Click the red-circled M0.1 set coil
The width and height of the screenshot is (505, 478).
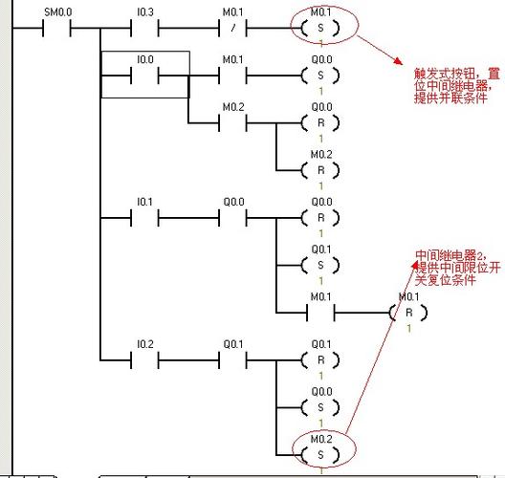[319, 28]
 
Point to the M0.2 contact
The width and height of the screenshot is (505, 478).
[233, 123]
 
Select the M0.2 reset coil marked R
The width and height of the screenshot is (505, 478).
[319, 169]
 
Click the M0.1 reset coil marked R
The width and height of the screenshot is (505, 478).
[407, 313]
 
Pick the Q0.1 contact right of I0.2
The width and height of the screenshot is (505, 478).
[233, 359]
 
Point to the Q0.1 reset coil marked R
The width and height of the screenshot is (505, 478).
[319, 359]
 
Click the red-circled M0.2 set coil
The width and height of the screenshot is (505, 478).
[319, 451]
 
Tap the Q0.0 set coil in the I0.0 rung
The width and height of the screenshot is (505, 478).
[319, 73]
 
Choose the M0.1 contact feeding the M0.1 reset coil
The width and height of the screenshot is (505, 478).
[319, 313]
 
